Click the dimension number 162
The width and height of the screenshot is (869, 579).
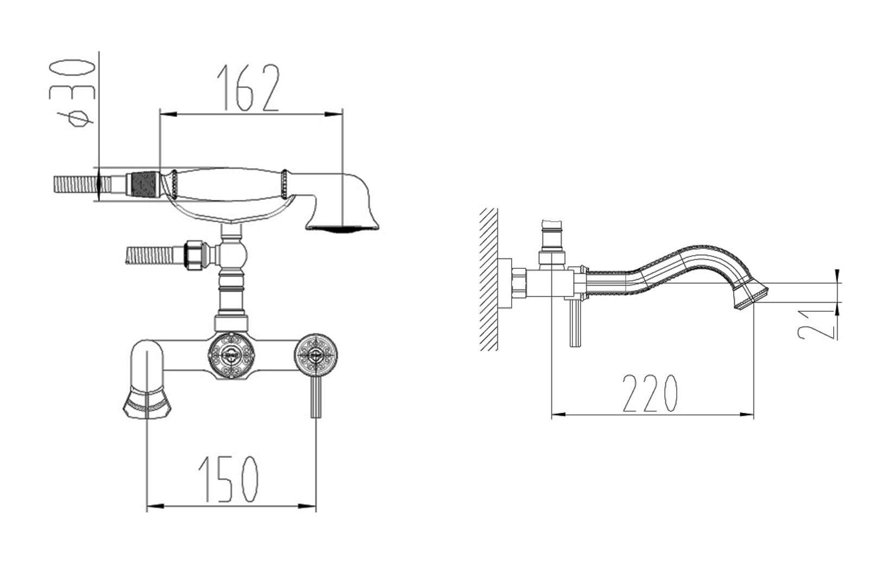pyautogui.click(x=248, y=87)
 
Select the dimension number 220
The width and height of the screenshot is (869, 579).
pyautogui.click(x=650, y=393)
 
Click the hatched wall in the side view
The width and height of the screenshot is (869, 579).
pyautogui.click(x=488, y=279)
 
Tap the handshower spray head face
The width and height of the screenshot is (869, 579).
pyautogui.click(x=342, y=229)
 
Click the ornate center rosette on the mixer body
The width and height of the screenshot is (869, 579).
pyautogui.click(x=231, y=355)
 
